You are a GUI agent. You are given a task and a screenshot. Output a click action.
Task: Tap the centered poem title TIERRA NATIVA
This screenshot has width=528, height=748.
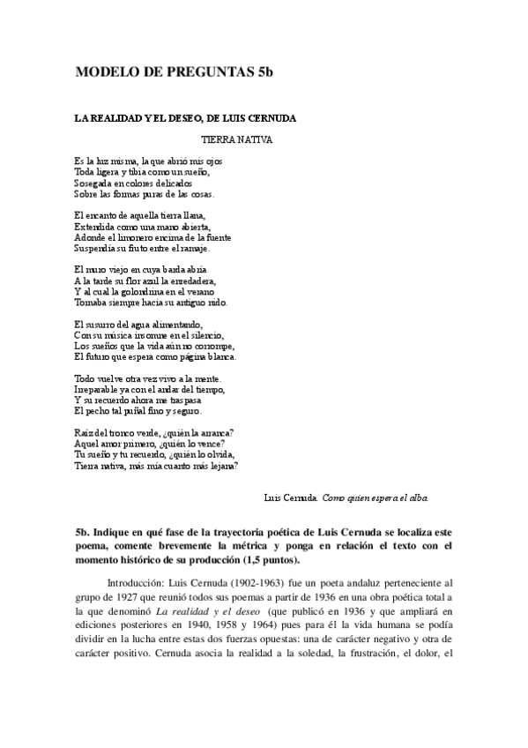[x=237, y=139]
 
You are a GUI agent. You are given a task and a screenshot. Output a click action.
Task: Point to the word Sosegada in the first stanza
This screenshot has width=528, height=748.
[x=93, y=183]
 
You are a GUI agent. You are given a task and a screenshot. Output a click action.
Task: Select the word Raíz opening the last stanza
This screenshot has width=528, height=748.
[x=84, y=432]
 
